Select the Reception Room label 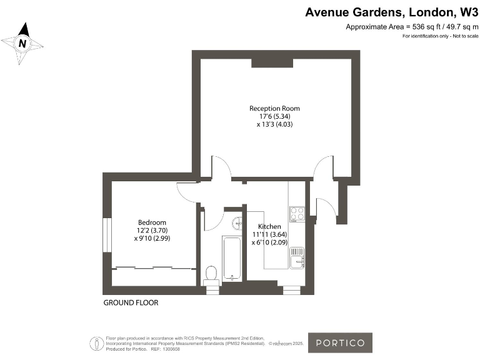270,108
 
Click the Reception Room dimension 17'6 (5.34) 270,116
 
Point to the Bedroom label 152,222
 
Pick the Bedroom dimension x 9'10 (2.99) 152,239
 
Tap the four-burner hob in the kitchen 297,214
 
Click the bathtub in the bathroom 232,258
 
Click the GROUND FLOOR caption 131,303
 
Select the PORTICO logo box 340,342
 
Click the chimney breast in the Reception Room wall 269,62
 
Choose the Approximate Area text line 408,27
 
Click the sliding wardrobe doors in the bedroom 152,268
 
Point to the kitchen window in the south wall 291,289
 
